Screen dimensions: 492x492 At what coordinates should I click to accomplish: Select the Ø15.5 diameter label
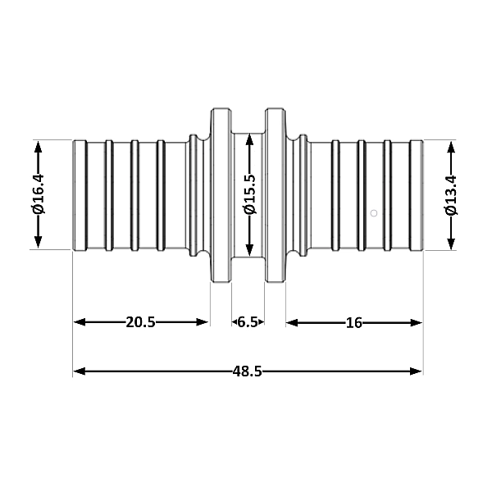249,195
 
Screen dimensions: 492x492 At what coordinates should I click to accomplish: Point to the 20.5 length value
140,322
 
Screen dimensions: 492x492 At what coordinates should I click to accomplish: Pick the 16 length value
353,322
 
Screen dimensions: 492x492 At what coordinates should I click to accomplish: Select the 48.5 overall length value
247,371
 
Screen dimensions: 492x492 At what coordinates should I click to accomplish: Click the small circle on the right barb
374,213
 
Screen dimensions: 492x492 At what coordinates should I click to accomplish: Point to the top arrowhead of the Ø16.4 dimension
38,146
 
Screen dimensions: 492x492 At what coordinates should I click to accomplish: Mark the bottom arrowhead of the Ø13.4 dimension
450,244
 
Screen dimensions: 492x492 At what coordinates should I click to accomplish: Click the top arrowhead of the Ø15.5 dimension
249,136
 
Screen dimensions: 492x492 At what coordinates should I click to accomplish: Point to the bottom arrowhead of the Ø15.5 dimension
249,253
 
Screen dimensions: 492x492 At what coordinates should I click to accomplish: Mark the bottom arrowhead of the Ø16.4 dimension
38,244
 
